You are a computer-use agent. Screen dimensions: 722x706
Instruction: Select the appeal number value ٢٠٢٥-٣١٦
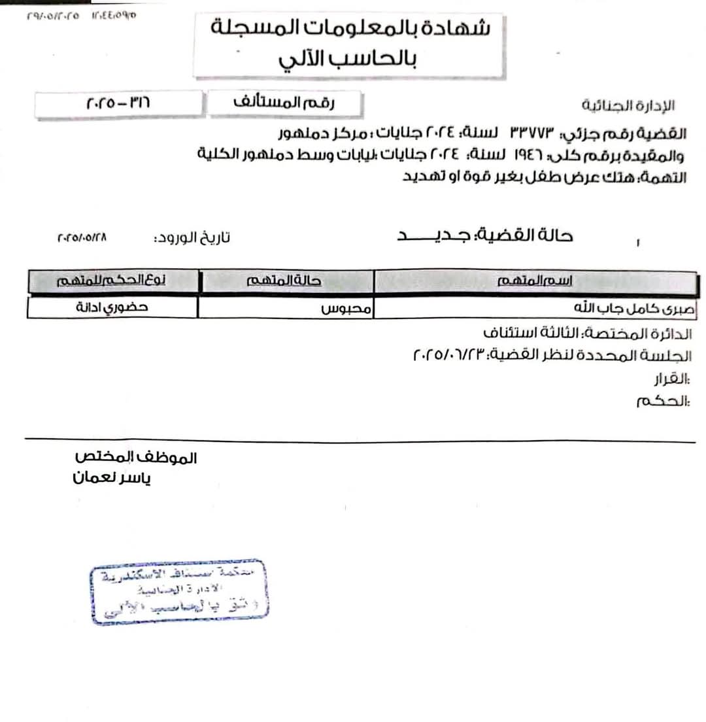(117, 104)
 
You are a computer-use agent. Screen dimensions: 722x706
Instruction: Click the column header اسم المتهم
(535, 281)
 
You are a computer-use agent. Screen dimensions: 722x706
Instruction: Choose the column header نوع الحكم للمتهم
(112, 281)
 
